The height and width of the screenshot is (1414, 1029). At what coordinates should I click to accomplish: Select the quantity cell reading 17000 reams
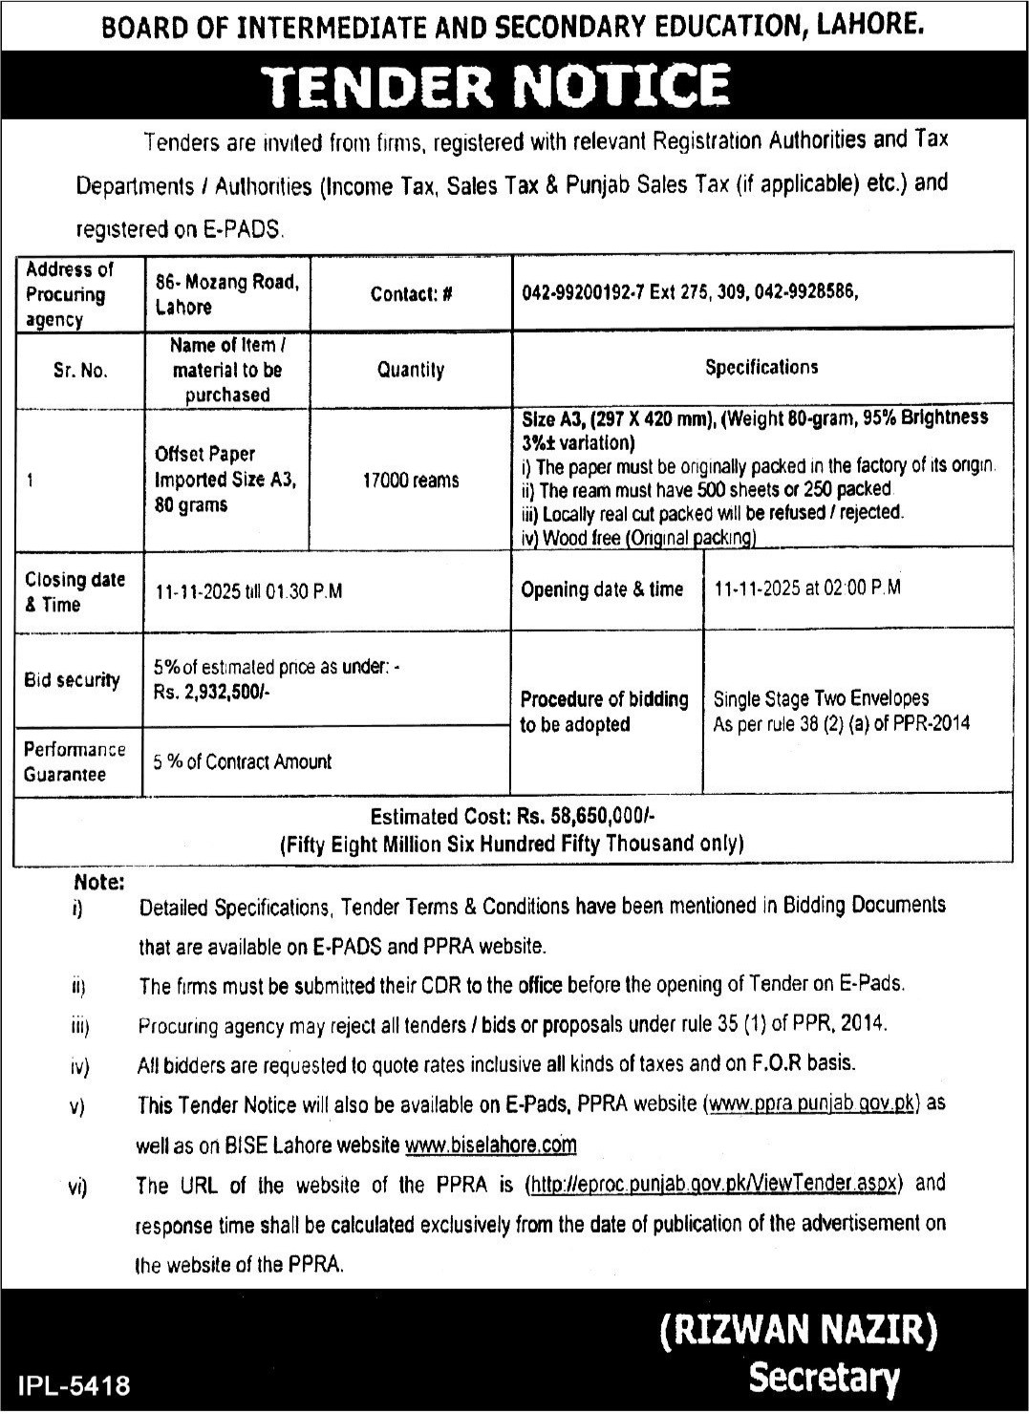[411, 481]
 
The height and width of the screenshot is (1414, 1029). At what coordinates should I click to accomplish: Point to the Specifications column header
[761, 367]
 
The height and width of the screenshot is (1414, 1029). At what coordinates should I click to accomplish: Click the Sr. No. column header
[80, 371]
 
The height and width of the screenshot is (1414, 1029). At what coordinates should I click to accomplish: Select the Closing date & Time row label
[75, 592]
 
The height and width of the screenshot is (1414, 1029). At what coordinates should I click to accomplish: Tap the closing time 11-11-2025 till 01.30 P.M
[249, 591]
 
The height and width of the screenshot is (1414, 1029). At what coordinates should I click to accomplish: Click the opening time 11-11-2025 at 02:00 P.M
[807, 589]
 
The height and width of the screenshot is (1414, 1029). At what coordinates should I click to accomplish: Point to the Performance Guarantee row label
[75, 761]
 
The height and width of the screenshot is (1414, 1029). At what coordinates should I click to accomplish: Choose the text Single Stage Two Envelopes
[821, 698]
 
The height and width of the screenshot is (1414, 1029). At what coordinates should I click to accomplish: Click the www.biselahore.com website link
[491, 1145]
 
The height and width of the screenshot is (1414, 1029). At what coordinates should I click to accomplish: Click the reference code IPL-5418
[74, 1384]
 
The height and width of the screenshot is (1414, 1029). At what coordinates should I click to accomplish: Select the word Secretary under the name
[824, 1378]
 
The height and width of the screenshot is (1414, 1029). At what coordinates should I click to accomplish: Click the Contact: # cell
[411, 294]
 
